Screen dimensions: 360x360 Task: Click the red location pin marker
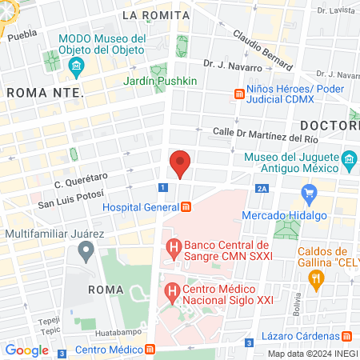tap(180, 163)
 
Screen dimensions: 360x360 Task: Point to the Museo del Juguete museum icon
tap(349, 163)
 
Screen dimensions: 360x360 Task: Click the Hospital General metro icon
tap(186, 207)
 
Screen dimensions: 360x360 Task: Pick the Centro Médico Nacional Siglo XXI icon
tap(170, 293)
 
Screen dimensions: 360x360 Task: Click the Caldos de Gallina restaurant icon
tap(317, 277)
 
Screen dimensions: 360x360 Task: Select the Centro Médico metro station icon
tap(150, 350)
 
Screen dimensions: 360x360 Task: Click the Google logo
tap(26, 350)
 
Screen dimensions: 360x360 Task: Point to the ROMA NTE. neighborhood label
tap(45, 93)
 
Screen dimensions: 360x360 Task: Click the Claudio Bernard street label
tap(265, 48)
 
